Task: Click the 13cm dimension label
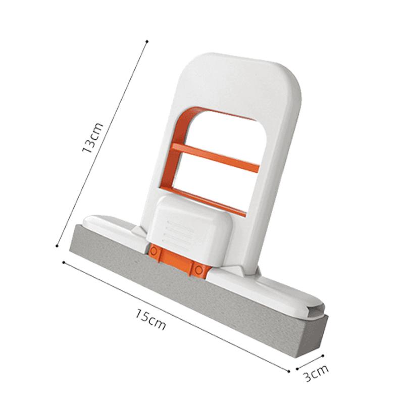pos(93,138)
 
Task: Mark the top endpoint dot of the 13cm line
pos(146,41)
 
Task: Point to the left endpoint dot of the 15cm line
pos(63,262)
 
